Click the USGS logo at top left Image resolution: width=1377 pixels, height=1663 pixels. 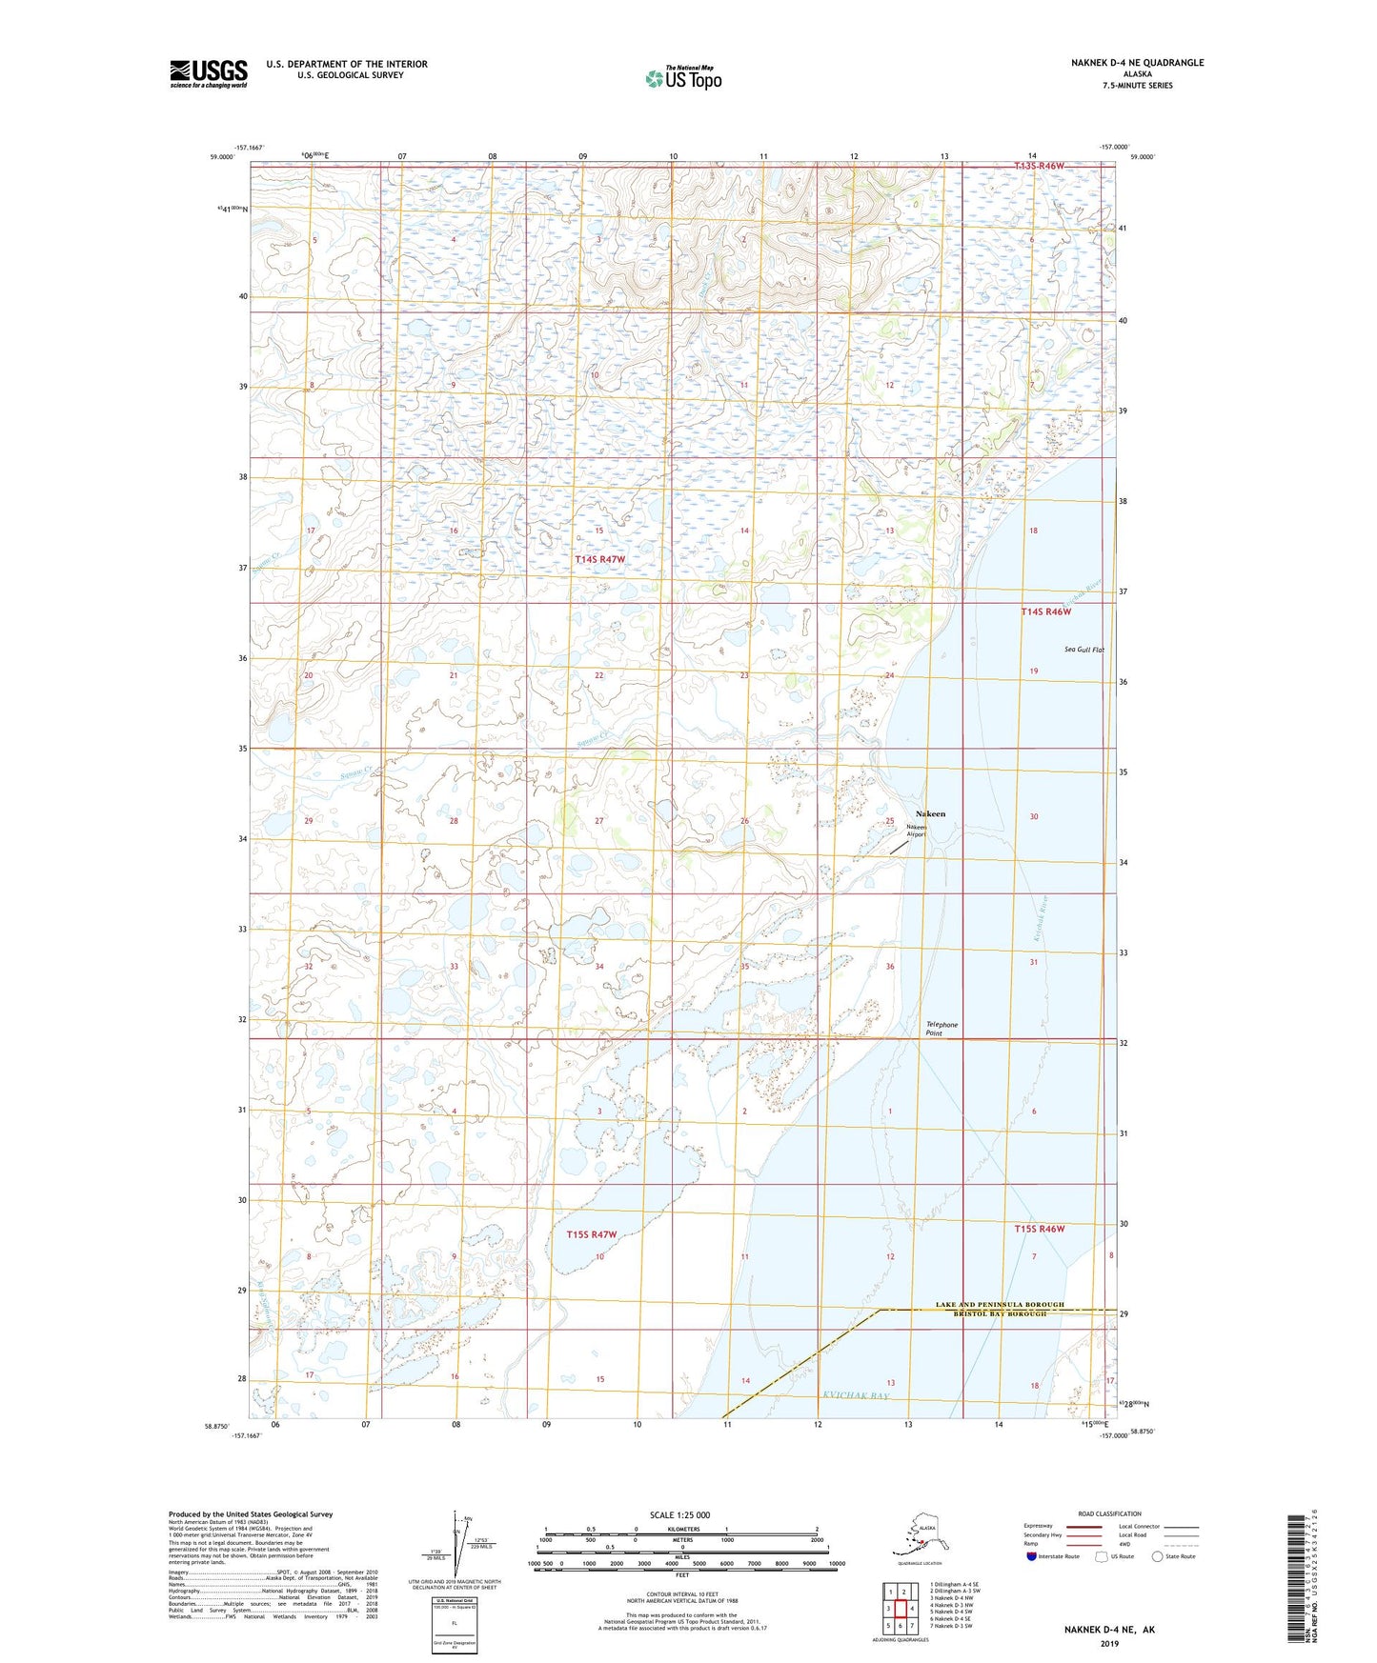(x=209, y=73)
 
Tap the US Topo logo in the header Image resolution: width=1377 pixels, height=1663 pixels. (x=682, y=78)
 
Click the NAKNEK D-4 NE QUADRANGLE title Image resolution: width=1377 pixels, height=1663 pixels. (x=1137, y=63)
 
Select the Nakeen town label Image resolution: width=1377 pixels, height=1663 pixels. (x=930, y=813)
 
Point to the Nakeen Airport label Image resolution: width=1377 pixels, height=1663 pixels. (x=916, y=831)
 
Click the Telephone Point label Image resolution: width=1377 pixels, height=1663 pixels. (x=942, y=1029)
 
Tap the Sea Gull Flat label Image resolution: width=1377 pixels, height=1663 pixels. (x=1083, y=650)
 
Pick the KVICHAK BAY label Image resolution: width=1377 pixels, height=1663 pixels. (x=855, y=1395)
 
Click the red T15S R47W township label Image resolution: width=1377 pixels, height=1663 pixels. (x=592, y=1234)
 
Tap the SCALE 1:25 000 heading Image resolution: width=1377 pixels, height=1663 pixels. (x=680, y=1514)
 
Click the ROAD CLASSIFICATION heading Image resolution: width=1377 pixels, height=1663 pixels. (x=1108, y=1513)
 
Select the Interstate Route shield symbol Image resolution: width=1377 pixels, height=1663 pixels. (x=1032, y=1556)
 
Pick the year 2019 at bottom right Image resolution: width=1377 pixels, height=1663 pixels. (x=1109, y=1643)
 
